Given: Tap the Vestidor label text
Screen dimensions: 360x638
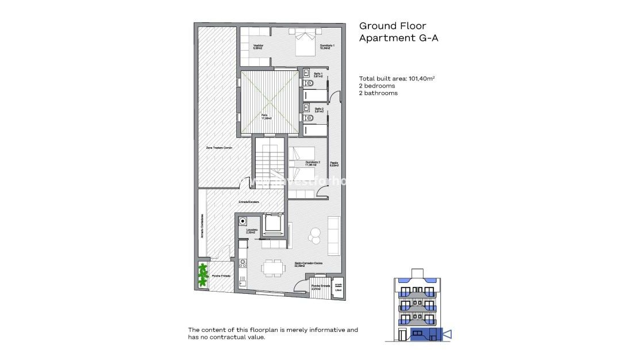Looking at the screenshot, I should [x=257, y=47].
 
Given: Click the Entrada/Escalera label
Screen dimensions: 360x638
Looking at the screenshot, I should [x=249, y=202].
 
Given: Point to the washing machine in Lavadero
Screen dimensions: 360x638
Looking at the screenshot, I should [x=243, y=220].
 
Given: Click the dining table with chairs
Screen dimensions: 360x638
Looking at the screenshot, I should [x=272, y=267].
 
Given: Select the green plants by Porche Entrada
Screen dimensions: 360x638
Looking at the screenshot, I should [x=202, y=274].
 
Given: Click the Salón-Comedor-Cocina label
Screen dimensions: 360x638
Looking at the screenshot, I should [x=308, y=263].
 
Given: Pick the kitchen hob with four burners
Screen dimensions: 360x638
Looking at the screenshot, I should [x=243, y=263].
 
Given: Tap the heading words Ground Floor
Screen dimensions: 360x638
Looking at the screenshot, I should [x=386, y=26].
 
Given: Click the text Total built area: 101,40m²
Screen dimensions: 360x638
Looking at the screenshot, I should [x=397, y=78].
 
